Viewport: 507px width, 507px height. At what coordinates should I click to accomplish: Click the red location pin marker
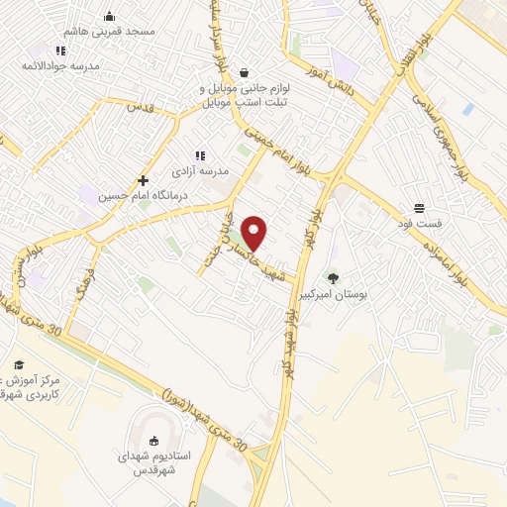tap(255, 234)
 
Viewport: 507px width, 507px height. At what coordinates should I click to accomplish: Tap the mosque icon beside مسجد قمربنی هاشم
tap(109, 17)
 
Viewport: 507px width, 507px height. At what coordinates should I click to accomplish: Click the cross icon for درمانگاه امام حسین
tap(144, 181)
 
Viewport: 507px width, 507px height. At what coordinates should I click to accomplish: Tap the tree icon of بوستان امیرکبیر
tap(333, 278)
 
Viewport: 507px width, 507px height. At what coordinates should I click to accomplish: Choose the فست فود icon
tap(421, 209)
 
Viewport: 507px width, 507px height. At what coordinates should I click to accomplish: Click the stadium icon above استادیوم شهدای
tap(152, 441)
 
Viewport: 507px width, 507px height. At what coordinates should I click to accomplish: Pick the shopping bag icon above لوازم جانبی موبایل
tap(244, 72)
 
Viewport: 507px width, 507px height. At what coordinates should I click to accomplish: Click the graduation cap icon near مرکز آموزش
tap(18, 363)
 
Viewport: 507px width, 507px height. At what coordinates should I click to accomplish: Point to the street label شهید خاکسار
tap(265, 259)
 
